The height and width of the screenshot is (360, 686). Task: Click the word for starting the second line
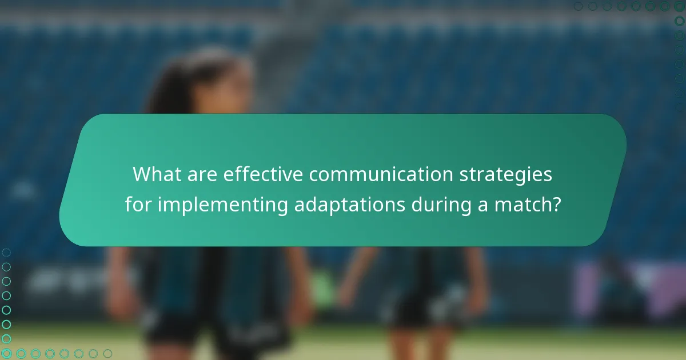pos(139,205)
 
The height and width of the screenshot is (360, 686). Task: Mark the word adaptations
pos(350,205)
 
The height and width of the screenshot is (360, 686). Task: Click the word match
pos(520,205)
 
